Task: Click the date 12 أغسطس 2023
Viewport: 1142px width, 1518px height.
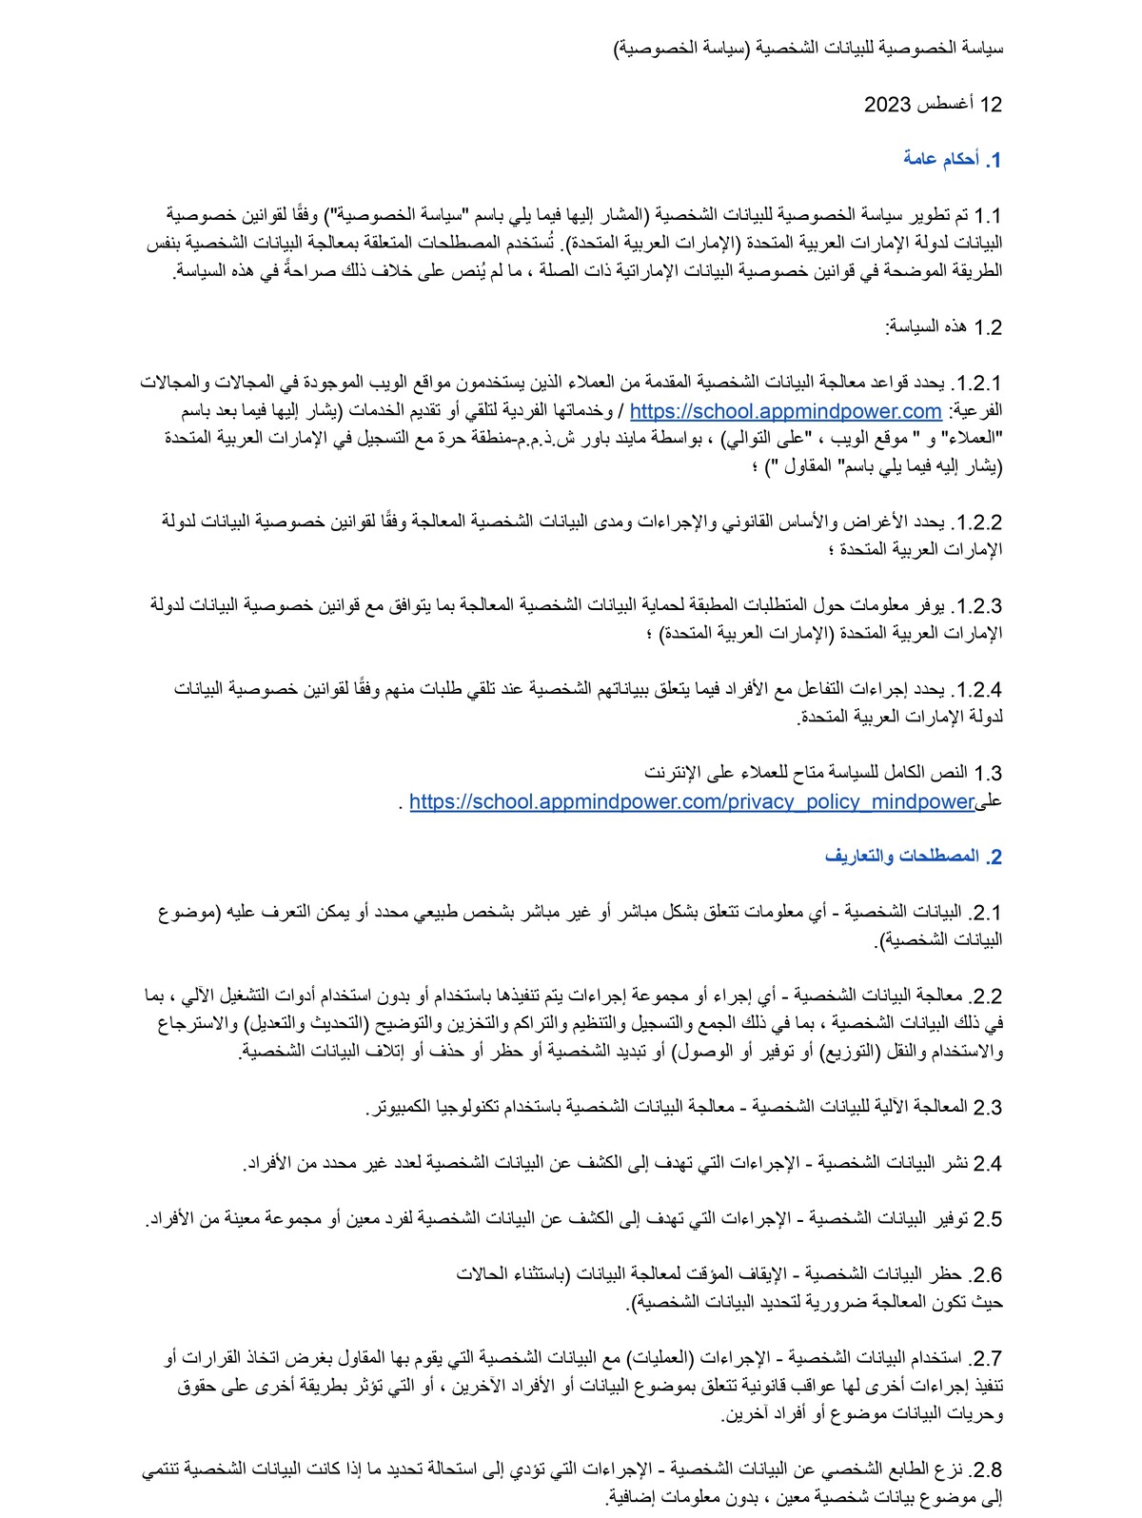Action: click(933, 104)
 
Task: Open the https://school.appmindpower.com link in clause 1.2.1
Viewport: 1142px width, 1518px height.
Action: click(785, 411)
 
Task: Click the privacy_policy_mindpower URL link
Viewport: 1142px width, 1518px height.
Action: click(693, 801)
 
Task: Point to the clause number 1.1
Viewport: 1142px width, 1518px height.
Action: click(987, 216)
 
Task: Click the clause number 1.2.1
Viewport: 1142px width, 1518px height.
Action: click(976, 384)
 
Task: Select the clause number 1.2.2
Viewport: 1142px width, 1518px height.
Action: click(976, 522)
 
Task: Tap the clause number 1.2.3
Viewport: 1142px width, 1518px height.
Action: click(976, 606)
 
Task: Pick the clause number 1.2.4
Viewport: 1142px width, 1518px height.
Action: click(976, 690)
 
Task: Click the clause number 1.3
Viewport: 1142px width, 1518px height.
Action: click(987, 774)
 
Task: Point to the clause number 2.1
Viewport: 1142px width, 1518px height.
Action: click(987, 914)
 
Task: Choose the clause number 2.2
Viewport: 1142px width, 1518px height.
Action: click(987, 996)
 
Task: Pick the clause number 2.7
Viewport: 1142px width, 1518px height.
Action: click(987, 1358)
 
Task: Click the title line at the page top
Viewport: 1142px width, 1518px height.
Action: click(808, 48)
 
